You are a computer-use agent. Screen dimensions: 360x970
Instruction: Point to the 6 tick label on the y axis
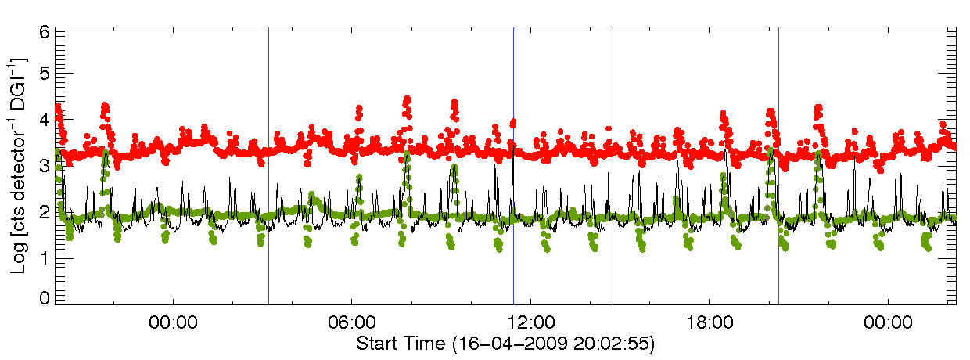pos(45,32)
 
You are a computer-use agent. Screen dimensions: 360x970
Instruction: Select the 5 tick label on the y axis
pos(45,73)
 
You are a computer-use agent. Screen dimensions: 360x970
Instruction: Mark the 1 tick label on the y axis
pos(45,254)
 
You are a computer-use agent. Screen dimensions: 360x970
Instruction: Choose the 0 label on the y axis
pos(45,298)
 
